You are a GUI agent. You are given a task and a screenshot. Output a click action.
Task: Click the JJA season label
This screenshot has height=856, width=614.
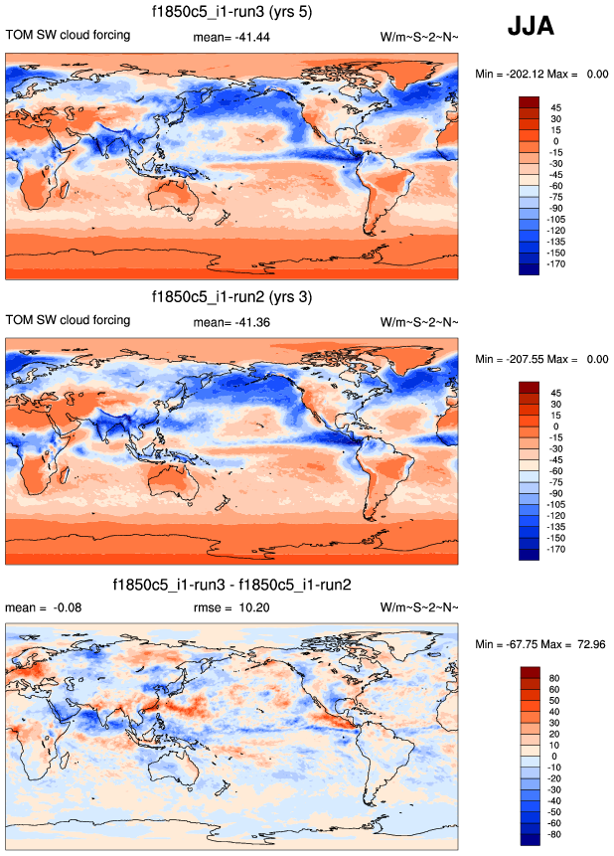point(537,26)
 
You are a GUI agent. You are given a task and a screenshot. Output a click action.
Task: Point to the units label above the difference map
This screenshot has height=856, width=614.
point(419,607)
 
